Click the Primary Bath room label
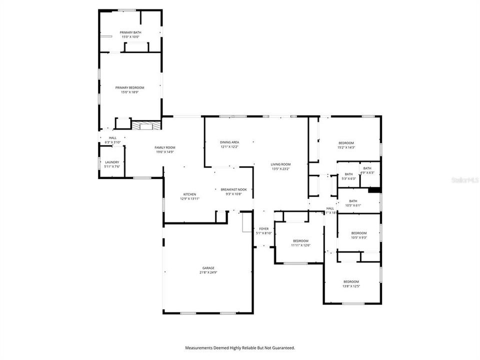coord(130,32)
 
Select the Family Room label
coord(164,147)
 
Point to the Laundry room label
coord(112,162)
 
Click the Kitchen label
coord(189,194)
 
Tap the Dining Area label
coord(229,142)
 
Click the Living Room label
coord(280,164)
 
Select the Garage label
coord(208,268)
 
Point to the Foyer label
coord(263,228)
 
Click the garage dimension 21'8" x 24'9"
coord(208,273)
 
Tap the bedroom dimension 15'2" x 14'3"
coord(346,147)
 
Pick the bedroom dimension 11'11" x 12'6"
coord(300,245)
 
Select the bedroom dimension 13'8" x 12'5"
coord(350,286)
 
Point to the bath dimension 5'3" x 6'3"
coord(348,178)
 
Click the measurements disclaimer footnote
coord(240,347)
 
